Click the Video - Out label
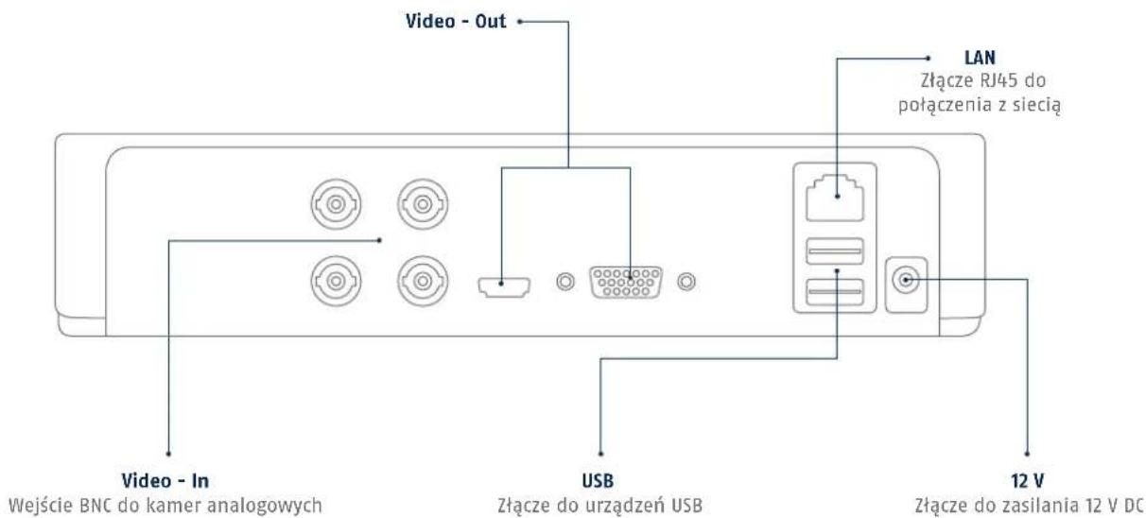click(x=456, y=21)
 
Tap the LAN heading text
click(x=980, y=58)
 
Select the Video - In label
click(x=165, y=481)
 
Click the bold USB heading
click(x=598, y=481)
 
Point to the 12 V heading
click(x=1027, y=481)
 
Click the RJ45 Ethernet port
click(x=834, y=198)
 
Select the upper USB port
click(x=834, y=251)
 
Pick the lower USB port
click(x=834, y=292)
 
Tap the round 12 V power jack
click(x=906, y=280)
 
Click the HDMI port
click(x=504, y=286)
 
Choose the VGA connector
click(x=626, y=282)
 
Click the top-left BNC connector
click(x=336, y=204)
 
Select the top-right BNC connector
click(x=423, y=204)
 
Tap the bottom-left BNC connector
click(x=336, y=281)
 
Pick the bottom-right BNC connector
click(x=423, y=281)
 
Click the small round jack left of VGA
click(x=565, y=282)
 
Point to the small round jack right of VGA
click(x=686, y=282)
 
